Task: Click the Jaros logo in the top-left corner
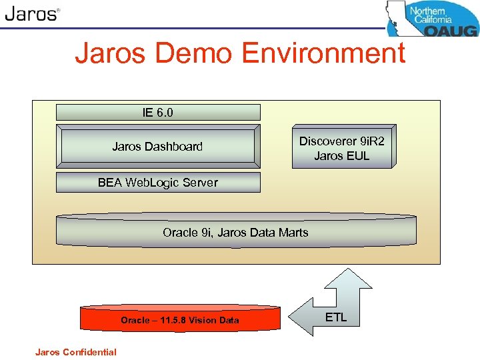[x=31, y=14]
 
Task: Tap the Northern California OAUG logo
[x=433, y=19]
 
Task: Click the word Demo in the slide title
[x=200, y=53]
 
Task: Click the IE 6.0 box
[x=157, y=112]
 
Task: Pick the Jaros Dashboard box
[x=157, y=147]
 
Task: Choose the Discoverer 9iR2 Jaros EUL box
[x=342, y=148]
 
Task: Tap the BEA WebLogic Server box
[x=157, y=182]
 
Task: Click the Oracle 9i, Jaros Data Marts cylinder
[x=235, y=232]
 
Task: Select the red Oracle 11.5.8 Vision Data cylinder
[x=179, y=320]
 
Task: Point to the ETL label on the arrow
[x=335, y=317]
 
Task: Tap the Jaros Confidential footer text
[x=76, y=352]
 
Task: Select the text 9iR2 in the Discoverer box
[x=371, y=141]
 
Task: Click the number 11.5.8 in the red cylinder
[x=175, y=320]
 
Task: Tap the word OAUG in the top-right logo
[x=451, y=29]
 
